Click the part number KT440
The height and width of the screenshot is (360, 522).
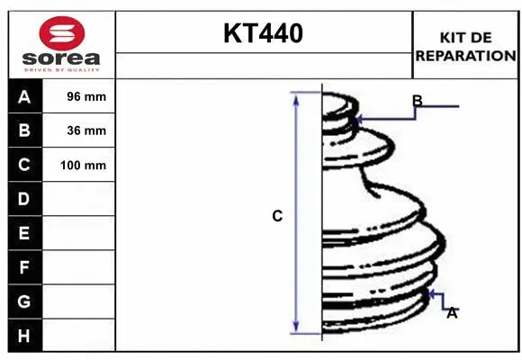[263, 34]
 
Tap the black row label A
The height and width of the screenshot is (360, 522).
[24, 96]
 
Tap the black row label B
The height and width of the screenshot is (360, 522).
[24, 130]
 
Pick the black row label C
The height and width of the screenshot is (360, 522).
[24, 165]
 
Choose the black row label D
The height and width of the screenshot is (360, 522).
[24, 199]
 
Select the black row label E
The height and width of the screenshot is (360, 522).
[24, 233]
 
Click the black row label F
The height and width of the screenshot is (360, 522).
[24, 267]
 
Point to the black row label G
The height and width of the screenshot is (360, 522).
[24, 301]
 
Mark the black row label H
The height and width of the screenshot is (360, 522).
[24, 336]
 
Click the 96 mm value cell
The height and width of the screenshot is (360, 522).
[86, 96]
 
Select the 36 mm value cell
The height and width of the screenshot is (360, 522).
[86, 130]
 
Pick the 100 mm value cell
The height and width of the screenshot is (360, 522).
[83, 165]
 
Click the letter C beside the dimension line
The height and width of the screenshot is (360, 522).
[277, 216]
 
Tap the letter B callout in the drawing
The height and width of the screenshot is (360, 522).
[417, 100]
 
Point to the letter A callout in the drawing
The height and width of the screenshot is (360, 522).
[452, 312]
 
